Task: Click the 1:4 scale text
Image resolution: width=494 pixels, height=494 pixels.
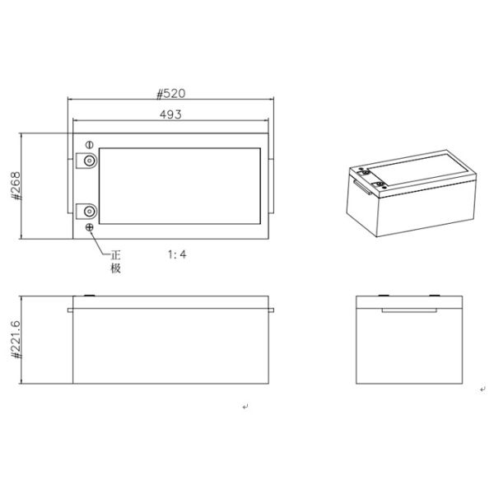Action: coord(176,254)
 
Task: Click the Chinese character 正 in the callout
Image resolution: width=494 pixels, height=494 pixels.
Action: coord(116,254)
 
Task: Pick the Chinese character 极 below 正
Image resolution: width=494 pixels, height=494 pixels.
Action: coord(116,268)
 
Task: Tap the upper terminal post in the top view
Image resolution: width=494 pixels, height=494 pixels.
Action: coord(87,161)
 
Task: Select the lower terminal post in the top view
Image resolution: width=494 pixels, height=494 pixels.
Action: coord(87,212)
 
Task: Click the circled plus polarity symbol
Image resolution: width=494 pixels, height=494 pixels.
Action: coord(89,227)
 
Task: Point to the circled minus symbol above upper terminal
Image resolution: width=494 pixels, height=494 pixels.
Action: coord(88,146)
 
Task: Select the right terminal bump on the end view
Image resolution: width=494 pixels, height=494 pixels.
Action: coord(432,294)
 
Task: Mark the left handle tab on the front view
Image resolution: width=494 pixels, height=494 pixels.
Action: coord(69,310)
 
